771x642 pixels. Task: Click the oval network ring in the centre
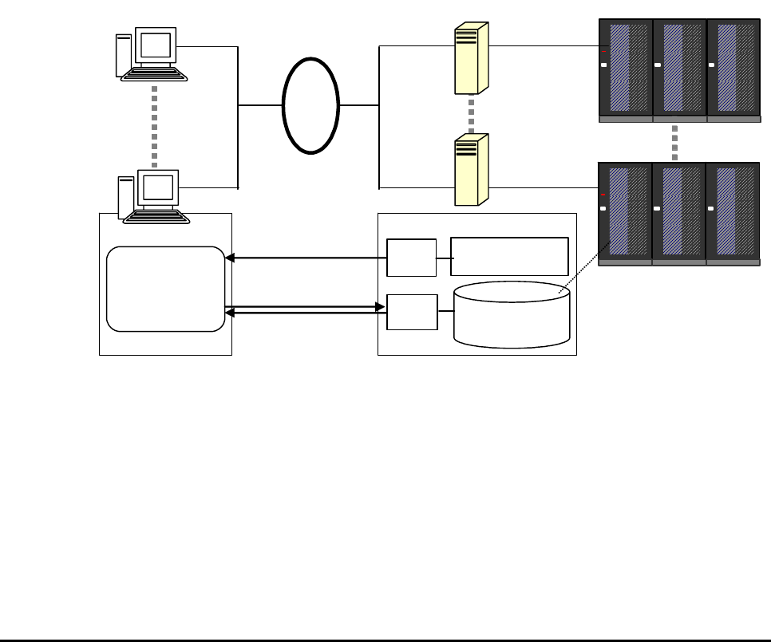click(x=311, y=104)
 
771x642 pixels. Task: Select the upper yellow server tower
click(x=470, y=58)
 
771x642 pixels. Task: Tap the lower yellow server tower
click(x=470, y=169)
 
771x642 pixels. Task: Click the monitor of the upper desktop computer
click(x=156, y=46)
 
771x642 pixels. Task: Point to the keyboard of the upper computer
click(x=154, y=74)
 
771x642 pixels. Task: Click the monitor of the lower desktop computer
click(x=157, y=188)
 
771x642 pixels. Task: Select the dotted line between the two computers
click(x=154, y=124)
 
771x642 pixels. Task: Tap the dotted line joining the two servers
click(x=472, y=114)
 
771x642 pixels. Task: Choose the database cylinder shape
click(x=512, y=314)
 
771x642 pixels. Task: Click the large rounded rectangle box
click(x=166, y=289)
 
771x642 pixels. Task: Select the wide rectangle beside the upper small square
click(x=509, y=256)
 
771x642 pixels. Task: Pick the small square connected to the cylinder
click(x=412, y=312)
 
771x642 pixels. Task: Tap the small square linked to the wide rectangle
click(x=411, y=257)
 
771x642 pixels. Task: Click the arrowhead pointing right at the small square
click(x=381, y=305)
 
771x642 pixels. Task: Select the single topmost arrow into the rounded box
click(x=303, y=258)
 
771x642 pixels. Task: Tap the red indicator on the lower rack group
click(x=603, y=195)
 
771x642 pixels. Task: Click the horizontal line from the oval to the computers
click(x=261, y=104)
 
